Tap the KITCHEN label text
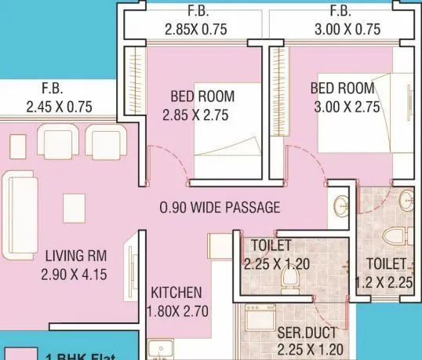pyautogui.click(x=176, y=293)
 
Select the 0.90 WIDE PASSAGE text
pyautogui.click(x=219, y=208)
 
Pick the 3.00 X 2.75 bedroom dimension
pyautogui.click(x=344, y=107)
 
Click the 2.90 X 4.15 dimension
pyautogui.click(x=75, y=275)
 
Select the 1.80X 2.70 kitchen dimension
pyautogui.click(x=177, y=311)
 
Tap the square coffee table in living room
pyautogui.click(x=74, y=207)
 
